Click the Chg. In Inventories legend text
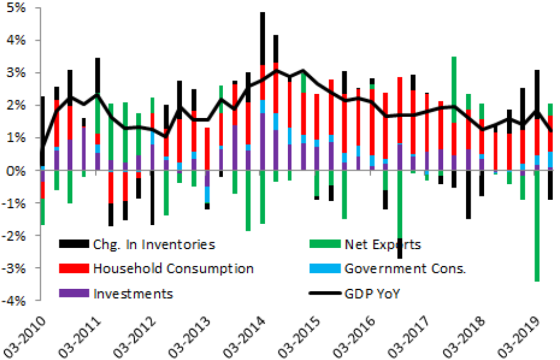pos(154,245)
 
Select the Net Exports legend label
pos(383,245)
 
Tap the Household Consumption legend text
pos(173,269)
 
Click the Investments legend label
pos(133,293)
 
